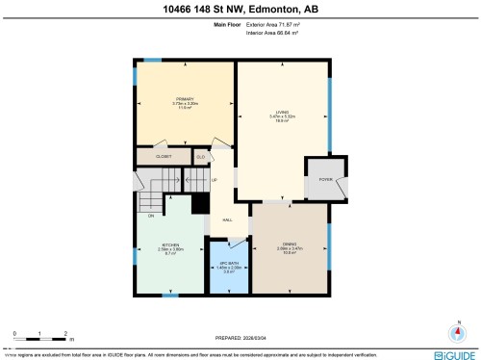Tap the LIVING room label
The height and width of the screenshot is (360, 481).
(x=281, y=114)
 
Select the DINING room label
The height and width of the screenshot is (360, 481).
(x=289, y=244)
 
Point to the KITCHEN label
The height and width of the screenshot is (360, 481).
(x=170, y=245)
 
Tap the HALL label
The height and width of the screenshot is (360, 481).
(x=228, y=220)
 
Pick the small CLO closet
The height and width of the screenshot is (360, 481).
(x=201, y=156)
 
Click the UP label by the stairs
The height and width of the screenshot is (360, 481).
(x=214, y=180)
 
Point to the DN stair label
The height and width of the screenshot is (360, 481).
(x=151, y=216)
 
